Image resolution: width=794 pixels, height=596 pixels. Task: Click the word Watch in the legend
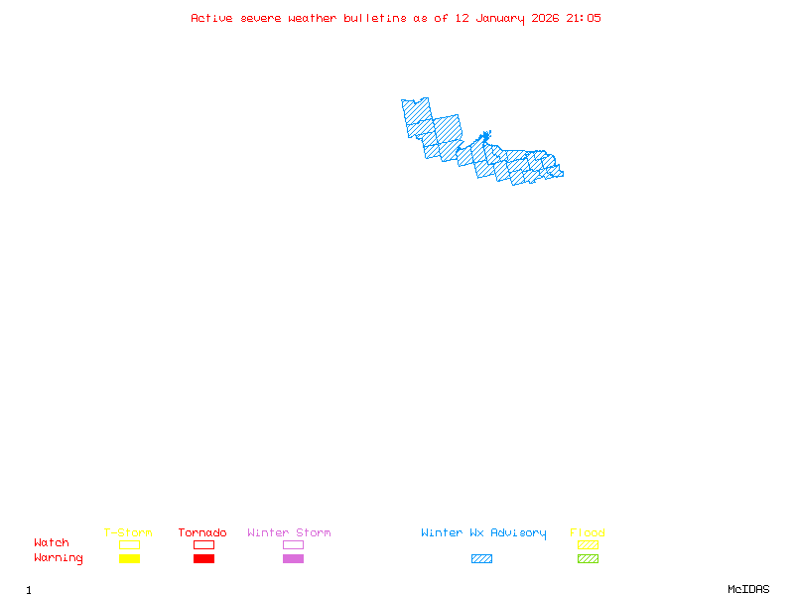point(52,543)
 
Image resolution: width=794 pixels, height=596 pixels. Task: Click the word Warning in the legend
point(59,558)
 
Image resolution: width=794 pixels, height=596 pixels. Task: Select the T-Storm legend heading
point(128,533)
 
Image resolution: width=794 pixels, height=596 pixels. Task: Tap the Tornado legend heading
point(202,533)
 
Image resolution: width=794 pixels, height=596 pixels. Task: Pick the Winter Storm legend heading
point(289,533)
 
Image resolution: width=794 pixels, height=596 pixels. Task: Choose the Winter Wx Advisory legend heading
point(483,533)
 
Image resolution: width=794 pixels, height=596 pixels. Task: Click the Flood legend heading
point(588,533)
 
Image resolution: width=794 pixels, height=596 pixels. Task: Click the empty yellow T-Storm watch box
point(129,544)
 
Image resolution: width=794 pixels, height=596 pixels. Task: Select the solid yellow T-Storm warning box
point(129,558)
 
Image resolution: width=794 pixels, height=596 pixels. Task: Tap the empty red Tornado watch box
point(203,544)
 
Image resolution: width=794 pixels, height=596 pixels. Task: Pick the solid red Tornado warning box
point(203,558)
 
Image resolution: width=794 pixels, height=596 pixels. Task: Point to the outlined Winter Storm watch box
point(293,544)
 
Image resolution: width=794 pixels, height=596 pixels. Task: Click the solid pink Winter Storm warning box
point(293,558)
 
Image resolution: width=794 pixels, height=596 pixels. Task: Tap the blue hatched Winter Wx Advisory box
point(481,558)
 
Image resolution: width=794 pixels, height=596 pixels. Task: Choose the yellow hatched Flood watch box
point(588,544)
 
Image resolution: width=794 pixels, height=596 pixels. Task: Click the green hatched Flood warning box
point(588,558)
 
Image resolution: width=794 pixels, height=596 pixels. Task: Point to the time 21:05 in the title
point(584,18)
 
